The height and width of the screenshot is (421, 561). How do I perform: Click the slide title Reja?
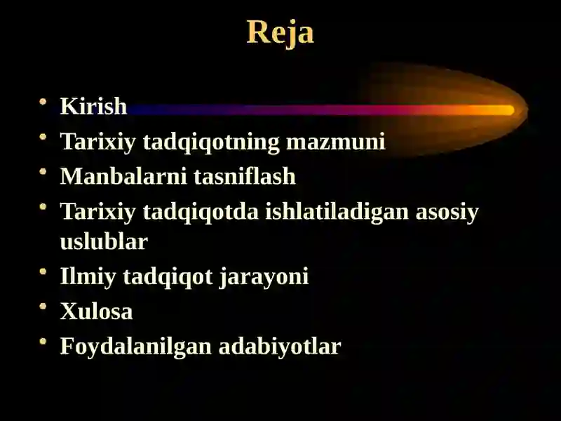[280, 33]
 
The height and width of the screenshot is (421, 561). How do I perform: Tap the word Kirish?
[94, 106]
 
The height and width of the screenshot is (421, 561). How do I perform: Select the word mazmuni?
[336, 142]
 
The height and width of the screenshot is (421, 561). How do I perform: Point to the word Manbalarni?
[123, 176]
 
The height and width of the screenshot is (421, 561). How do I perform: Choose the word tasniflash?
[245, 176]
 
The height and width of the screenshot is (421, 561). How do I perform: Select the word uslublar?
[104, 241]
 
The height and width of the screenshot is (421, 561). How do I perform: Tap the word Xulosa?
[97, 311]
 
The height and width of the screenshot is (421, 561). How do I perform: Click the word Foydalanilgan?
[135, 347]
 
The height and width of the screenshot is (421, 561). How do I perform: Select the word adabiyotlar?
[280, 347]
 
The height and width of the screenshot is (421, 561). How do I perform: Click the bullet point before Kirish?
[43, 102]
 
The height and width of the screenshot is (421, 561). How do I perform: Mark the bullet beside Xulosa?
[43, 307]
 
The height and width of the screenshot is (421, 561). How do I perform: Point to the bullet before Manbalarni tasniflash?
[43, 171]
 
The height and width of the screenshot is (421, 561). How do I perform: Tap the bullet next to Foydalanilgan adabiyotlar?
[43, 341]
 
